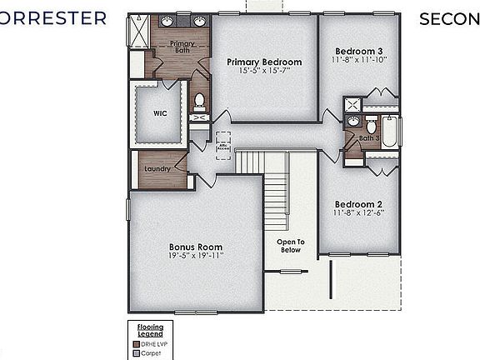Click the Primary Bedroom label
point(264,62)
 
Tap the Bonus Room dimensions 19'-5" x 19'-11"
point(196,257)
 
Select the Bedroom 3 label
point(358,49)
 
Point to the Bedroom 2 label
point(358,204)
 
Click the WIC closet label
point(161,113)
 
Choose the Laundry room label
point(157,169)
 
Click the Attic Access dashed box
point(223,145)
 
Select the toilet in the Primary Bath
point(199,101)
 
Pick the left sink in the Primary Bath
point(167,22)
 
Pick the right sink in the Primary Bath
point(200,22)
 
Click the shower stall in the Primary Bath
point(137,31)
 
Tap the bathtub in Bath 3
point(389,131)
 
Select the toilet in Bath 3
point(371,127)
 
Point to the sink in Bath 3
point(353,122)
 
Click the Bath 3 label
point(370,138)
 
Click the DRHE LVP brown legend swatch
point(136,342)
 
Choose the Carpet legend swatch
point(136,352)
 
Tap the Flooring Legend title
point(151,329)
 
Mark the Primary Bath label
point(182,47)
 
